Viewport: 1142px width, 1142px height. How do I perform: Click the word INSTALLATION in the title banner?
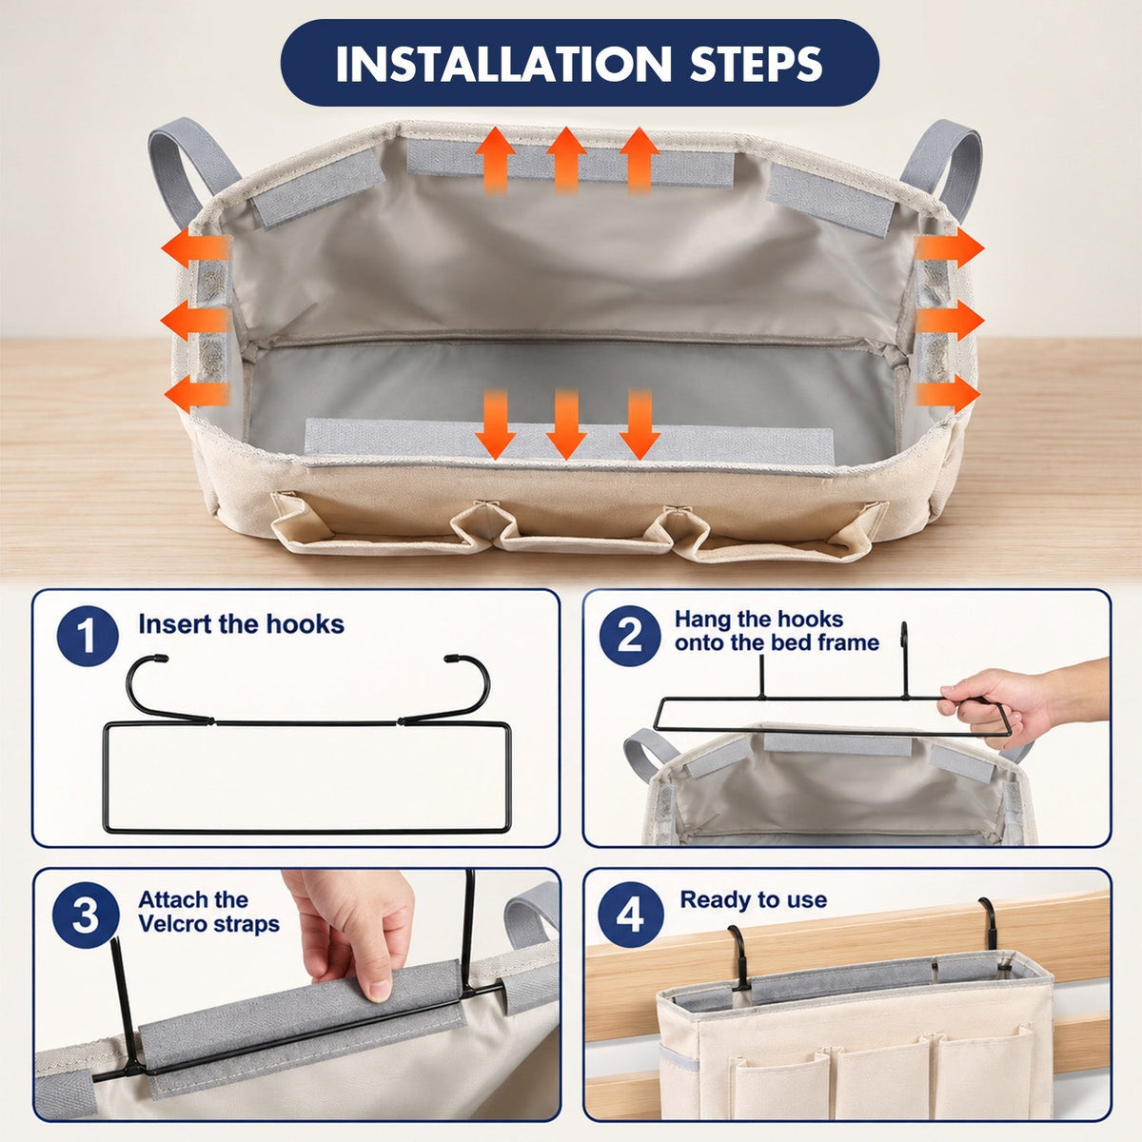[x=502, y=63]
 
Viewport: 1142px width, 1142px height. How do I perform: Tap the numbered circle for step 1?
[x=88, y=636]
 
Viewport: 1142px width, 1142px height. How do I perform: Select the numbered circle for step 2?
[x=629, y=636]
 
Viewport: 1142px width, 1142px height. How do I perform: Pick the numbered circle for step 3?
[x=86, y=916]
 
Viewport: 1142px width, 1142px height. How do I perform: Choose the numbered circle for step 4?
[x=630, y=916]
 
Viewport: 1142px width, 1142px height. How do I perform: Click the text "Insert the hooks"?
[x=241, y=624]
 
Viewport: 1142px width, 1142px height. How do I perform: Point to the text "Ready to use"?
[x=753, y=899]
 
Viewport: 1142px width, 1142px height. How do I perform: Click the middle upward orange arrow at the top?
[x=566, y=160]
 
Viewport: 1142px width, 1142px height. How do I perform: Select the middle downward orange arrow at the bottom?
[x=566, y=424]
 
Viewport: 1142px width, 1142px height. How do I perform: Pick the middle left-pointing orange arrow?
[x=194, y=322]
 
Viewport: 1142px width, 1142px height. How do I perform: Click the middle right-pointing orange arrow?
[x=950, y=322]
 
